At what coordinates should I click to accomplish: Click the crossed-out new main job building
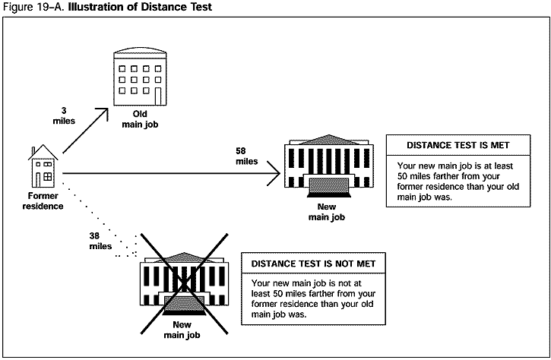(x=183, y=284)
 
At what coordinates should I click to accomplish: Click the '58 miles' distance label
(x=247, y=156)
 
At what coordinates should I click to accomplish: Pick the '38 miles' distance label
(x=101, y=240)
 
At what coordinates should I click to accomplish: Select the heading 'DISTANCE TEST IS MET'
(x=458, y=145)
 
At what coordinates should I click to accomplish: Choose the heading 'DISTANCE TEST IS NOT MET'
(x=313, y=264)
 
